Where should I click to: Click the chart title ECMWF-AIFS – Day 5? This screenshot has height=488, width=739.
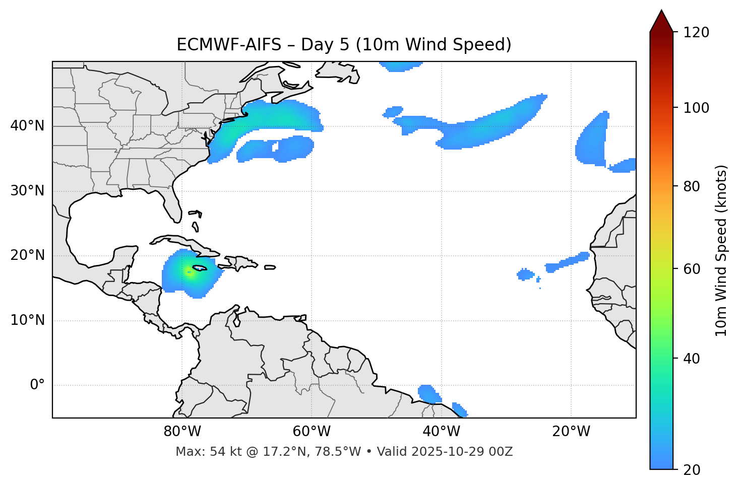tap(344, 45)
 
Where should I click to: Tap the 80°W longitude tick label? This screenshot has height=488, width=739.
tap(182, 432)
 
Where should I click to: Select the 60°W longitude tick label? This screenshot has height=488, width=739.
tap(312, 432)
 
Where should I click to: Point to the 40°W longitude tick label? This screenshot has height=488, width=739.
tap(441, 432)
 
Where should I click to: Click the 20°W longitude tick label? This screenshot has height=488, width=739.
tap(571, 432)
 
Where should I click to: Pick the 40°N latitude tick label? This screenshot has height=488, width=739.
tap(27, 126)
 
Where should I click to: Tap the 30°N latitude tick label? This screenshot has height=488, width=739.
tap(27, 191)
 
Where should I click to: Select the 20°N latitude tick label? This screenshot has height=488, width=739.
tap(27, 255)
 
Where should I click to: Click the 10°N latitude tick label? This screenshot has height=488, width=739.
tap(27, 320)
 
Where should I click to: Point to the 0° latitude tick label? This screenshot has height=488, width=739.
tap(37, 385)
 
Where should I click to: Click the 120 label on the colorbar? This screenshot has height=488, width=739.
tap(696, 33)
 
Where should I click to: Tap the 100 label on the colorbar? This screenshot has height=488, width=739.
tap(696, 108)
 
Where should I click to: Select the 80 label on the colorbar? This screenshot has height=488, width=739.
tap(693, 186)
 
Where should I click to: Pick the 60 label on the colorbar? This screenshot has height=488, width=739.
tap(693, 269)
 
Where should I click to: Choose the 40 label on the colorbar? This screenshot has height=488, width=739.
tap(693, 359)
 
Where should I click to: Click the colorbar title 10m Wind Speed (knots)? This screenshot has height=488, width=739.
tap(721, 250)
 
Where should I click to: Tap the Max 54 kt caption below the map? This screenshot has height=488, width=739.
tap(344, 452)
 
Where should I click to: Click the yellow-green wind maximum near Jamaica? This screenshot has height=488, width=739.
tap(190, 272)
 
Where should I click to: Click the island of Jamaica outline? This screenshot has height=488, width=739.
tap(200, 268)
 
